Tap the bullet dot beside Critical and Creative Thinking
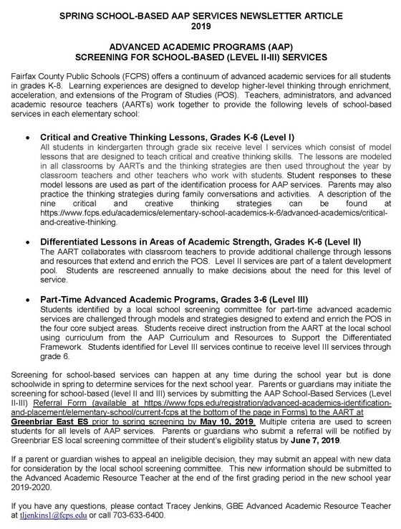[x=27, y=115]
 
